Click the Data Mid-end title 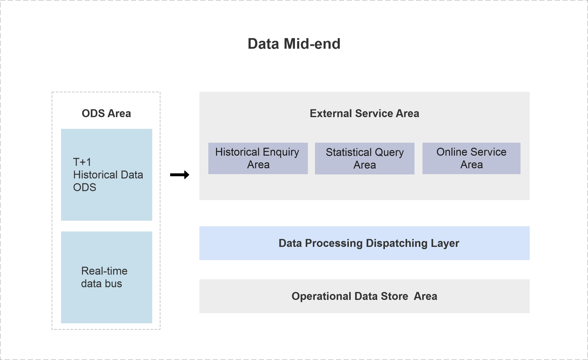point(294,44)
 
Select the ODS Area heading point(106,113)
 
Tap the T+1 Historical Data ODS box point(107,175)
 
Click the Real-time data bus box point(107,277)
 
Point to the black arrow point(180,175)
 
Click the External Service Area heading point(364,113)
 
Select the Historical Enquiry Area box point(258,158)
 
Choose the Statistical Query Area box point(365,158)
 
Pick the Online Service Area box point(472,158)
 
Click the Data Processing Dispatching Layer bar point(365,243)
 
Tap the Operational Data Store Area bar point(365,296)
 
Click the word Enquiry point(281,152)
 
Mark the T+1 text point(82,162)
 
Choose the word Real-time point(104,271)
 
